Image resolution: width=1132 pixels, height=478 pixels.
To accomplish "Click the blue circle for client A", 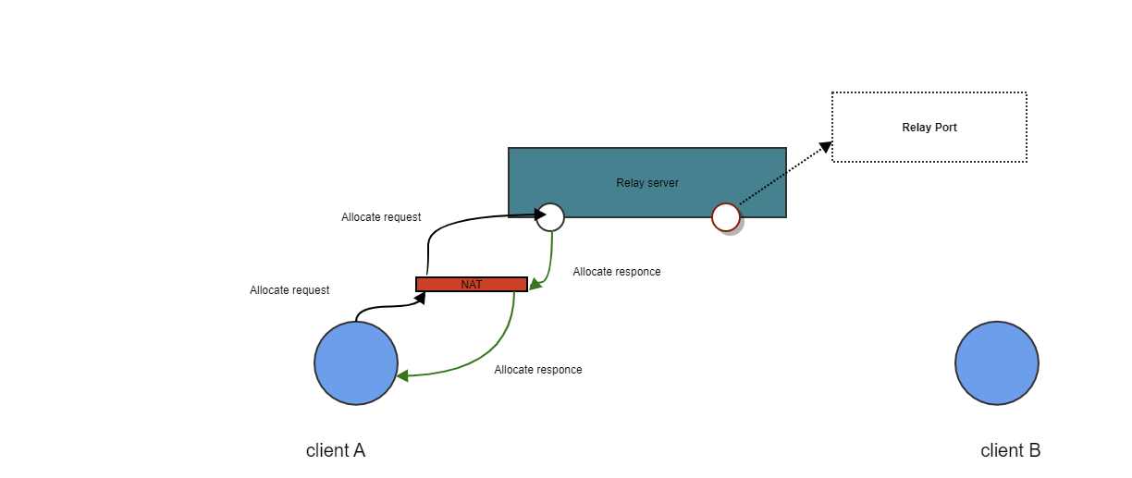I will click(356, 363).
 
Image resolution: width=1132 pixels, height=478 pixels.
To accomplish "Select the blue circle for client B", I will click(997, 363).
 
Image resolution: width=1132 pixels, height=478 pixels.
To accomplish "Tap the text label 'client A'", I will click(336, 451).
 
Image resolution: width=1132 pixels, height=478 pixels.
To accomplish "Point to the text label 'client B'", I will click(1010, 451).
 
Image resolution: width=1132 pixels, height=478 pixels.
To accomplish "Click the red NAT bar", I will click(472, 284).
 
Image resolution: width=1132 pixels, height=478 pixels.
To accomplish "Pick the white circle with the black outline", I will click(550, 216).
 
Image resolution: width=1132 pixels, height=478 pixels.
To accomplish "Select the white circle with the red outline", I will click(726, 217).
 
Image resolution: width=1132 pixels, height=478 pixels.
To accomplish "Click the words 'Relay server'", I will click(647, 183).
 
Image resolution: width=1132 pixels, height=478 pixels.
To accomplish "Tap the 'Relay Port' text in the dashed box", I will click(929, 128).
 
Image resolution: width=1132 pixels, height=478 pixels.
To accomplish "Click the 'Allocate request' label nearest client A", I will click(289, 290).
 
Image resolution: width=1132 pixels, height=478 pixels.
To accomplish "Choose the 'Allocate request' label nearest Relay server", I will click(381, 217).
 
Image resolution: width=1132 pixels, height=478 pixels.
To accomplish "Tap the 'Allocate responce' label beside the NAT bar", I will click(617, 272).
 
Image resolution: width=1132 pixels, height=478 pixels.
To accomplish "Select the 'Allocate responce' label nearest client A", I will click(538, 370).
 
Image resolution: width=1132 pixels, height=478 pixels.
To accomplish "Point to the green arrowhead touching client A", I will click(403, 376).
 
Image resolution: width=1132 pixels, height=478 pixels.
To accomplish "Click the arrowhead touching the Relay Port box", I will click(825, 147).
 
